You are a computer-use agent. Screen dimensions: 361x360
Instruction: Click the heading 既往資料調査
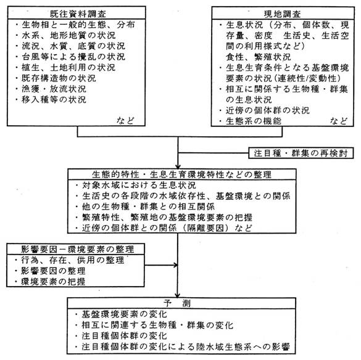(x=78, y=14)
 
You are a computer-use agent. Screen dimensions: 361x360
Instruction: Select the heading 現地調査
(x=282, y=14)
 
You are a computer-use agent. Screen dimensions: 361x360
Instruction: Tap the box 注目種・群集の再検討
(x=301, y=153)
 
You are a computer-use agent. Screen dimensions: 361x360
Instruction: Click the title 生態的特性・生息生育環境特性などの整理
(x=181, y=174)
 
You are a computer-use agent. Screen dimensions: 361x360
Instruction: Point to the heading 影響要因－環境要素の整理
(x=77, y=250)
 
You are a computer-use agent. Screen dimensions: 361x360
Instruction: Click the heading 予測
(x=177, y=303)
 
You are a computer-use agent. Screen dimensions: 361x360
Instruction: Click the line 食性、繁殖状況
(x=259, y=57)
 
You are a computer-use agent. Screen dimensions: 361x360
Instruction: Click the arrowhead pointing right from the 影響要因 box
(x=176, y=265)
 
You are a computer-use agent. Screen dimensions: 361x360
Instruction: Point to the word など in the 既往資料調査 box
(x=125, y=120)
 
